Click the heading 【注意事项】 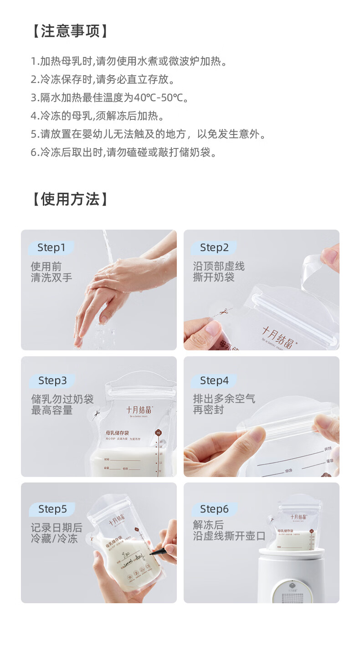[x=71, y=31]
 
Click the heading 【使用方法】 [x=71, y=199]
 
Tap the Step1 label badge [x=51, y=248]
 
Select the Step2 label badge [x=214, y=248]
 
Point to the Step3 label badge [x=52, y=380]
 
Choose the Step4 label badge [x=214, y=380]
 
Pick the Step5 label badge [x=52, y=509]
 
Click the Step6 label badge [x=214, y=509]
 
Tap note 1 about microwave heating [x=129, y=61]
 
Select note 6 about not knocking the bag [x=123, y=152]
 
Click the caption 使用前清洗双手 [x=51, y=272]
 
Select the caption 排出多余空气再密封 [x=223, y=405]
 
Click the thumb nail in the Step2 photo [x=212, y=328]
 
